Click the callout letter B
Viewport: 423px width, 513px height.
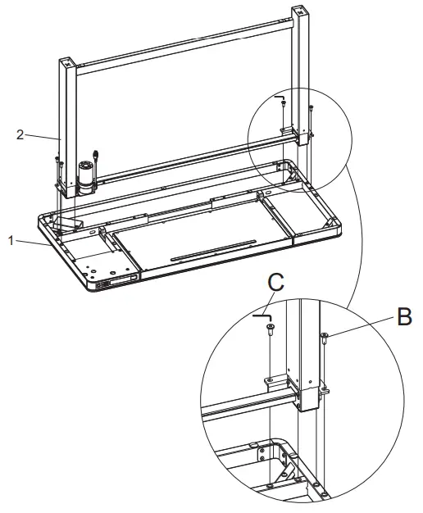tap(403, 317)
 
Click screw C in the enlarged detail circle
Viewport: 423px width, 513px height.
tap(270, 329)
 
